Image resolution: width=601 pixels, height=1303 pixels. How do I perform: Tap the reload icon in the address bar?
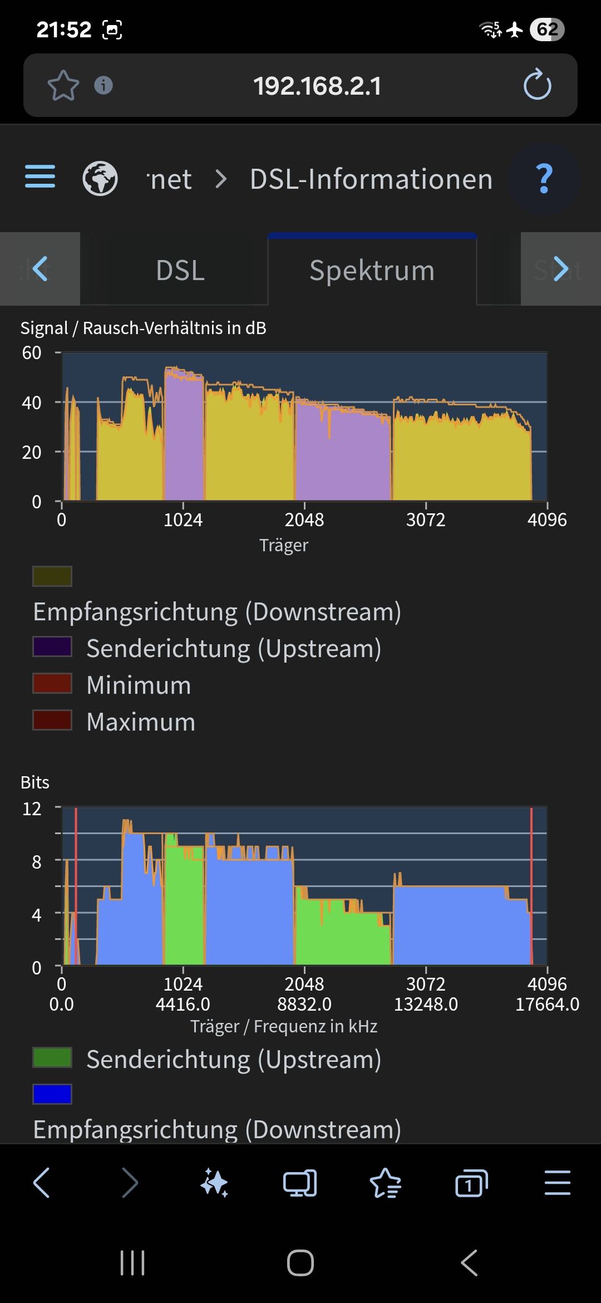pyautogui.click(x=537, y=85)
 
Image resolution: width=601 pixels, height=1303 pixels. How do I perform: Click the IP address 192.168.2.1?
pyautogui.click(x=317, y=86)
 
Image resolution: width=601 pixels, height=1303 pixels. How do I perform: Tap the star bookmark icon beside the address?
pyautogui.click(x=63, y=85)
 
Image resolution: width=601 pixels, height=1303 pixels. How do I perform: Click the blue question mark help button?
pyautogui.click(x=544, y=179)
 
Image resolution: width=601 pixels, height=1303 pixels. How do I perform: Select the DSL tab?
pyautogui.click(x=180, y=271)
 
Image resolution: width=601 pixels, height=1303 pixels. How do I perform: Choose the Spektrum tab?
pyautogui.click(x=372, y=271)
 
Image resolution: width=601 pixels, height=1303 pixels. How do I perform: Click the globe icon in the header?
pyautogui.click(x=100, y=179)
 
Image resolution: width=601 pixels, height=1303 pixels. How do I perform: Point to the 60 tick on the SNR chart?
pyautogui.click(x=32, y=352)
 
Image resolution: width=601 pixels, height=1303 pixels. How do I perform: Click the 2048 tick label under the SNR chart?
pyautogui.click(x=304, y=520)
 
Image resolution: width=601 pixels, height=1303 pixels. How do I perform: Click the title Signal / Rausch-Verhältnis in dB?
pyautogui.click(x=143, y=328)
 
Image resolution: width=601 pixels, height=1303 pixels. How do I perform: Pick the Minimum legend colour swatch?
pyautogui.click(x=52, y=683)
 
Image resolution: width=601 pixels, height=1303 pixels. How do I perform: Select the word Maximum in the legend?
pyautogui.click(x=141, y=722)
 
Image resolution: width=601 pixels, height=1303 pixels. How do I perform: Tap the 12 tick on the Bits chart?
pyautogui.click(x=32, y=809)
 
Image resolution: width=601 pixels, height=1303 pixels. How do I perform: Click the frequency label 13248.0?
pyautogui.click(x=426, y=1004)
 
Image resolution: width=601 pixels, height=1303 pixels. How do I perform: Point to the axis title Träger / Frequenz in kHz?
pyautogui.click(x=284, y=1026)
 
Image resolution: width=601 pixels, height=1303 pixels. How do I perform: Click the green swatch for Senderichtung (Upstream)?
pyautogui.click(x=52, y=1057)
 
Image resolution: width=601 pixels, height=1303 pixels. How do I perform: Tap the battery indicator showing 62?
pyautogui.click(x=547, y=29)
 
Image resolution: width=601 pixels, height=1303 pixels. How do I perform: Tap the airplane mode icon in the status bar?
pyautogui.click(x=515, y=29)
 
